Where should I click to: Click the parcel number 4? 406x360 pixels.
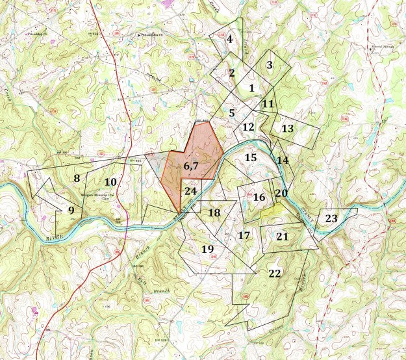click(x=229, y=39)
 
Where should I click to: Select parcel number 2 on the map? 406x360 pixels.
click(x=231, y=73)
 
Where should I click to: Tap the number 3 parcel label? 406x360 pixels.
click(x=269, y=65)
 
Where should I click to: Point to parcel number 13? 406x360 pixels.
click(x=287, y=129)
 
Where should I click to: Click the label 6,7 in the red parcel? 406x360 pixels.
click(x=190, y=166)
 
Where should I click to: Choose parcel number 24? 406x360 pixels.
click(x=190, y=191)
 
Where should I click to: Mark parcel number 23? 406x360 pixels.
click(x=331, y=218)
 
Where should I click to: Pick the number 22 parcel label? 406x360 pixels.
click(x=274, y=274)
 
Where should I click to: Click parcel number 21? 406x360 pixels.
click(x=282, y=237)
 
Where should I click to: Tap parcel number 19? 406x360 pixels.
click(x=207, y=250)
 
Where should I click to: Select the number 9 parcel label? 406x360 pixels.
click(x=71, y=210)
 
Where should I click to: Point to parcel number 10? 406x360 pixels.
click(x=110, y=182)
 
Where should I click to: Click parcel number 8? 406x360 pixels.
click(x=76, y=178)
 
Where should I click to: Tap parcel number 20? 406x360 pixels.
click(x=281, y=193)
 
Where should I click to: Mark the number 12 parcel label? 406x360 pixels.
click(x=248, y=127)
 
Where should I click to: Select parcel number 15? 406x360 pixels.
click(x=251, y=157)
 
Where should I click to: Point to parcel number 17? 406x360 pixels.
click(x=244, y=235)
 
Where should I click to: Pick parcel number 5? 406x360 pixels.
click(x=231, y=113)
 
